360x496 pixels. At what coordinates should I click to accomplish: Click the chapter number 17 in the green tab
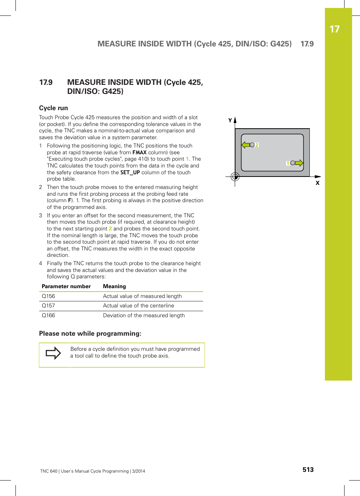(x=334, y=29)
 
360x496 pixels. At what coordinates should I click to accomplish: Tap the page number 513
(x=308, y=470)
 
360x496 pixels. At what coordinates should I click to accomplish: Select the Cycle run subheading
(x=54, y=108)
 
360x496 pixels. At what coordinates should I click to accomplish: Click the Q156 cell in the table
(x=48, y=296)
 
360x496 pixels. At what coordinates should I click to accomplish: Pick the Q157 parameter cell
(x=48, y=306)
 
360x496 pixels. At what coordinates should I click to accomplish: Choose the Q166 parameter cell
(x=48, y=316)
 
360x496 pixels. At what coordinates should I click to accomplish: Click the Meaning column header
(x=114, y=287)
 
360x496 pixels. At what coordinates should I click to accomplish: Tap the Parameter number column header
(x=66, y=287)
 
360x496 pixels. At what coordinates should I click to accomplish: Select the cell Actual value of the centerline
(x=138, y=306)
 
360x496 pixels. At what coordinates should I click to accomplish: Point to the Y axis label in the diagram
(x=230, y=120)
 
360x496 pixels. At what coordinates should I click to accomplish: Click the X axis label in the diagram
(x=317, y=183)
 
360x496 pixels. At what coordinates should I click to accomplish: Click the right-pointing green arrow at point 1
(x=299, y=163)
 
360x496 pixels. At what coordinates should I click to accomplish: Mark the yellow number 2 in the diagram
(x=257, y=145)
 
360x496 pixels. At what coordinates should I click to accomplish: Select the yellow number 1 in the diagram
(x=288, y=163)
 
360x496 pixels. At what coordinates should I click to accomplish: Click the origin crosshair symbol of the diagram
(x=235, y=177)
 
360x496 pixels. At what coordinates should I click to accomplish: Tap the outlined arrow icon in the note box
(x=53, y=353)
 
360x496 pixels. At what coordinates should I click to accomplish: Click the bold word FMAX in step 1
(x=139, y=153)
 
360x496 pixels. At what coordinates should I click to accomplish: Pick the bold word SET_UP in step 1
(x=130, y=173)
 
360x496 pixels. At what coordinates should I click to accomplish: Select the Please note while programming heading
(x=90, y=334)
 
